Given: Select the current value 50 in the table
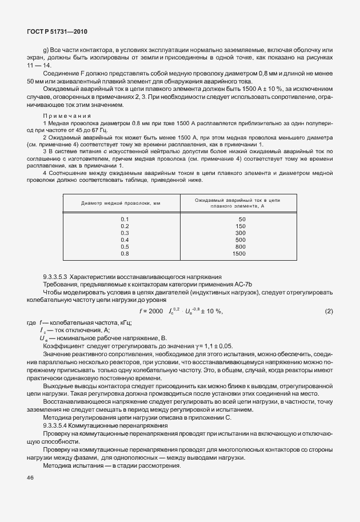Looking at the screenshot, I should [x=242, y=219].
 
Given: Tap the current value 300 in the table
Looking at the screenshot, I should [x=241, y=233].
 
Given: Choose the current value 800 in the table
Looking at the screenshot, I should [x=241, y=246].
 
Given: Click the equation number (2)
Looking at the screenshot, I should [x=329, y=311].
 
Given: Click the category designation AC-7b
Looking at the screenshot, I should [x=249, y=284].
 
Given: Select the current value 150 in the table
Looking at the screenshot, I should [x=241, y=226].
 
